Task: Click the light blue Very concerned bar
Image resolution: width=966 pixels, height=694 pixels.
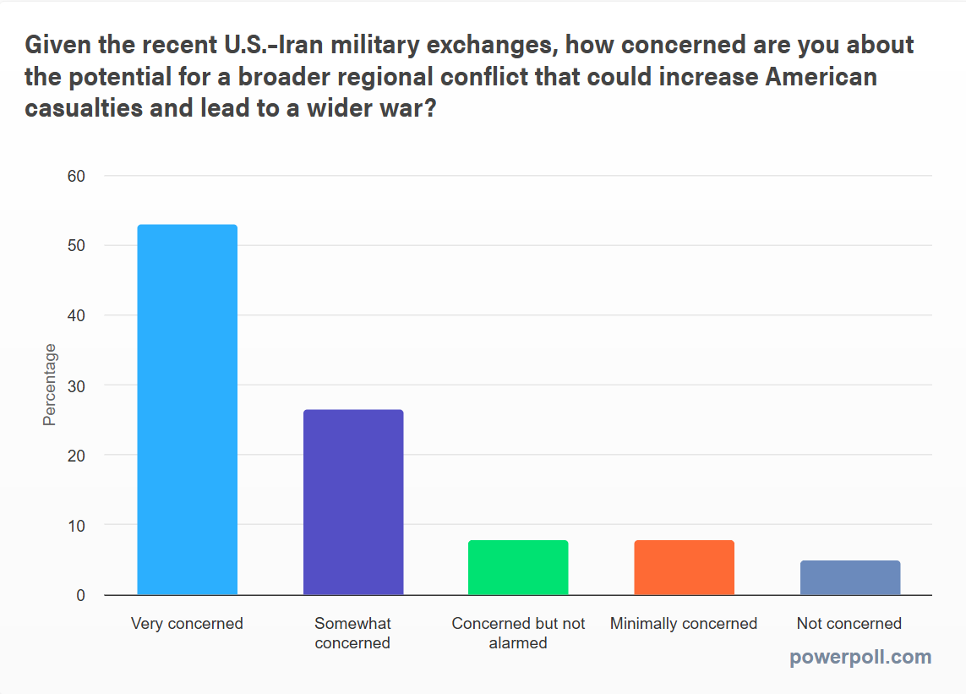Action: point(187,410)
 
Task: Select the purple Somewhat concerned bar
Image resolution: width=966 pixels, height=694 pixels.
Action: point(353,502)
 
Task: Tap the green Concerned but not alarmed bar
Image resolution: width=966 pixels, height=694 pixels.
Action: point(518,567)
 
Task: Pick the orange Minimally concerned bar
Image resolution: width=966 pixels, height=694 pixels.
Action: point(684,567)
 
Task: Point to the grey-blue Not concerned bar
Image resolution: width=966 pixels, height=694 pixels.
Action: point(849,577)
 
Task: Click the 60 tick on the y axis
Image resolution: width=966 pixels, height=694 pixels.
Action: point(77,176)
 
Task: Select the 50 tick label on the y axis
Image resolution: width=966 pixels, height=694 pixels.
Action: point(77,246)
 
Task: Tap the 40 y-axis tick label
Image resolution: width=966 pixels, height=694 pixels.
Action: point(77,316)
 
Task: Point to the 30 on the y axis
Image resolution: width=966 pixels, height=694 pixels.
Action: point(77,385)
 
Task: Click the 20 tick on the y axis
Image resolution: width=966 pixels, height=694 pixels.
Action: point(77,456)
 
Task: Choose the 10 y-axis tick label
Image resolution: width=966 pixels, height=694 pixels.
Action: point(77,526)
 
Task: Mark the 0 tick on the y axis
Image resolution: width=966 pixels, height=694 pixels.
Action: point(80,595)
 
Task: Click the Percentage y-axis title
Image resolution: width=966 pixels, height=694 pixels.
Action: point(50,385)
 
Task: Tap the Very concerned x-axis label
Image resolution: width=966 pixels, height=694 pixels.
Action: point(187,624)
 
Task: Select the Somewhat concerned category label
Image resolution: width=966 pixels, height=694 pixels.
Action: point(353,633)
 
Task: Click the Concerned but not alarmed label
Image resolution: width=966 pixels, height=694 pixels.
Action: point(518,633)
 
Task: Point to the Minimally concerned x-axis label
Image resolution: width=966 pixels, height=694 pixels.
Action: point(684,624)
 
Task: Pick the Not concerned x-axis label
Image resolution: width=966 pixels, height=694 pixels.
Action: point(849,624)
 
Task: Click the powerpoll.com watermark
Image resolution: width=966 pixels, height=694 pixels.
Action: point(860,657)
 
